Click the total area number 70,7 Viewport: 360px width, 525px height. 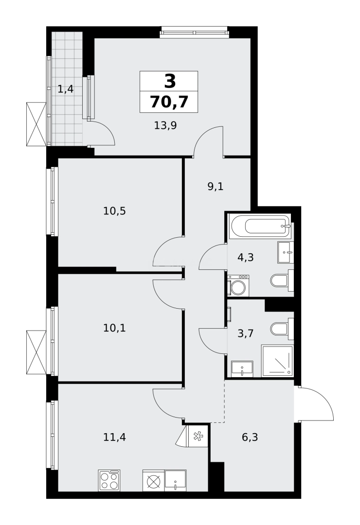pos(169,102)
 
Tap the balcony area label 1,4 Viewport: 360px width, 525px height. pos(66,89)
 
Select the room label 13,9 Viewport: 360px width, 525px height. pos(165,125)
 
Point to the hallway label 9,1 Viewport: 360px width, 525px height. pos(216,186)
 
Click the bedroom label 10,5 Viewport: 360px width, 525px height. pos(114,211)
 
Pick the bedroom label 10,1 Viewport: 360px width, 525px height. pos(114,328)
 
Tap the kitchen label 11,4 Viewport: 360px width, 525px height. pos(114,437)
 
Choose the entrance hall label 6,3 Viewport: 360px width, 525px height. pos(250,437)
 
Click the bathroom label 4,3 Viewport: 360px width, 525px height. pos(246,258)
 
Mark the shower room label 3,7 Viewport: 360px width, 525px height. pos(246,333)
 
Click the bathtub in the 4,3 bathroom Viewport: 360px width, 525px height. pos(260,226)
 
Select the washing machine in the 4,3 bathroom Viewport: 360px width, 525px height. pos(238,286)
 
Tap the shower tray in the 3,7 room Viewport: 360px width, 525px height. pos(277,361)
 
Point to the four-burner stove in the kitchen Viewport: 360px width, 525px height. pos(109,480)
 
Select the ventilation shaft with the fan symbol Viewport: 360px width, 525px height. pos(198,435)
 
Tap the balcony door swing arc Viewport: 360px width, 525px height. pos(102,134)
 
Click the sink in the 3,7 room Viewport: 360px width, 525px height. pos(242,368)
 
